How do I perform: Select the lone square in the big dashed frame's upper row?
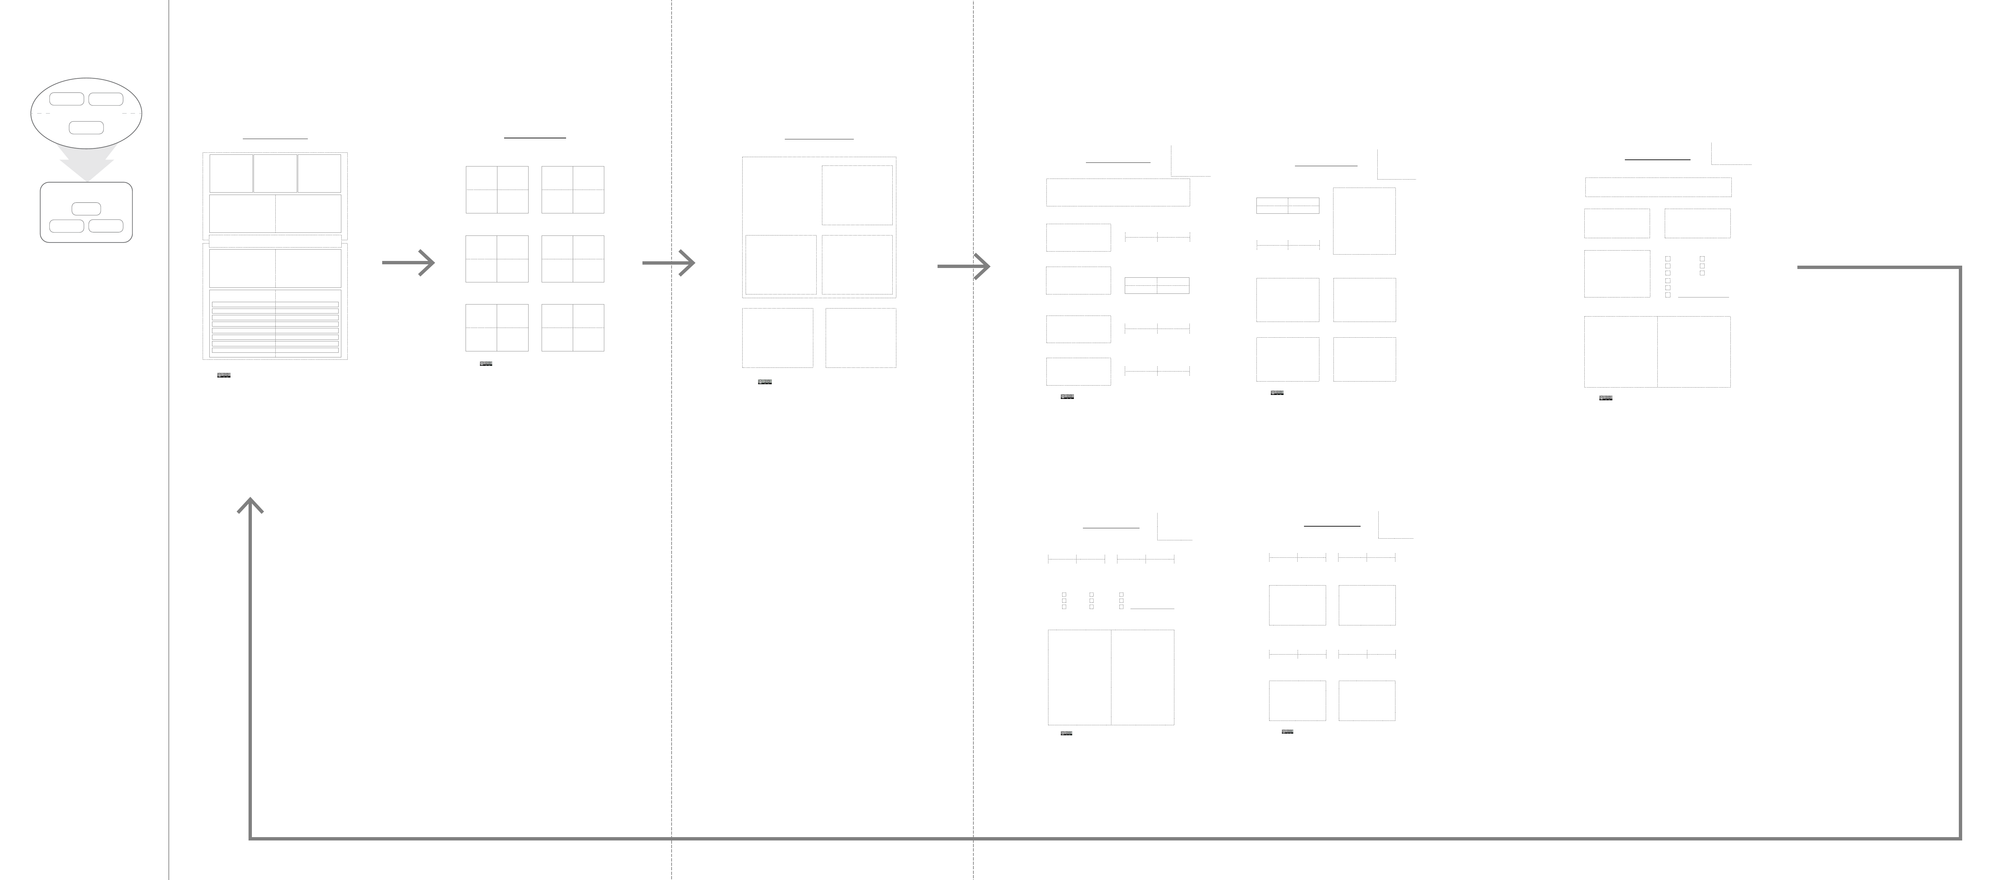coord(857,195)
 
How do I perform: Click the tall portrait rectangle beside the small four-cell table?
coord(1364,220)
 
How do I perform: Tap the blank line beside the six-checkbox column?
coord(1703,296)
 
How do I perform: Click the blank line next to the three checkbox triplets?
coord(1152,608)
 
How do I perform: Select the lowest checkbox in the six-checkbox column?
coord(1667,295)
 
